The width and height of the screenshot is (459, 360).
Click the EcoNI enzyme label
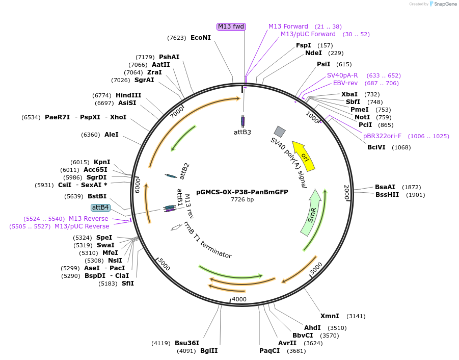tap(200, 38)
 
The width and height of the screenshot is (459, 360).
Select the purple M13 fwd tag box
tap(231, 27)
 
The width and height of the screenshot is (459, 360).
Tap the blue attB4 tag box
tap(100, 208)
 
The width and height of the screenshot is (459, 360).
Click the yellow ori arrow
tap(304, 155)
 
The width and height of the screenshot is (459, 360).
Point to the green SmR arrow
tap(311, 213)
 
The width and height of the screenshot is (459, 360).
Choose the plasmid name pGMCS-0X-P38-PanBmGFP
tap(242, 192)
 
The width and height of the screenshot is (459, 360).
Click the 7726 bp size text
tap(242, 199)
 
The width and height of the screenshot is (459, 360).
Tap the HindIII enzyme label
tap(128, 95)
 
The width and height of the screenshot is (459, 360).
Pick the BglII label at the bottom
tap(208, 351)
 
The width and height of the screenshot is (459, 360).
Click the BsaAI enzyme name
tap(385, 187)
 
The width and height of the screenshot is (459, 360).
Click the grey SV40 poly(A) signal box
tap(280, 131)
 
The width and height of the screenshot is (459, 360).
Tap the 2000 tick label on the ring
tap(346, 193)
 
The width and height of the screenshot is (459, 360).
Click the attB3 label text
tap(242, 132)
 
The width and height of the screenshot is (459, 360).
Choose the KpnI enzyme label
tap(102, 162)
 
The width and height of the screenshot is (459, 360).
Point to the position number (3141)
tap(356, 316)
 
